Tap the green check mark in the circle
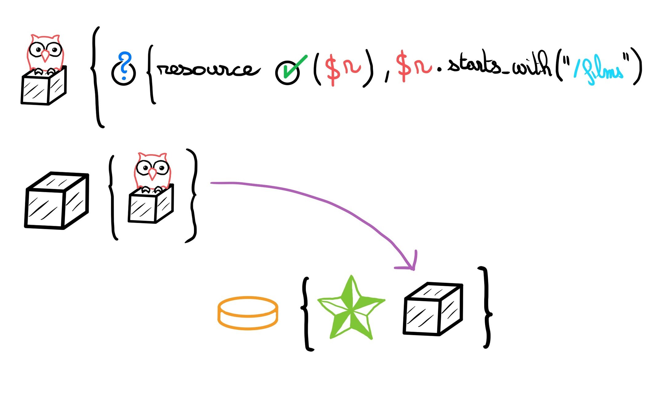(288, 71)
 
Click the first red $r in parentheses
(343, 67)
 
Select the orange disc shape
(248, 313)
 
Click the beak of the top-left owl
(45, 56)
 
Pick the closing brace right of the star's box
(486, 307)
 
